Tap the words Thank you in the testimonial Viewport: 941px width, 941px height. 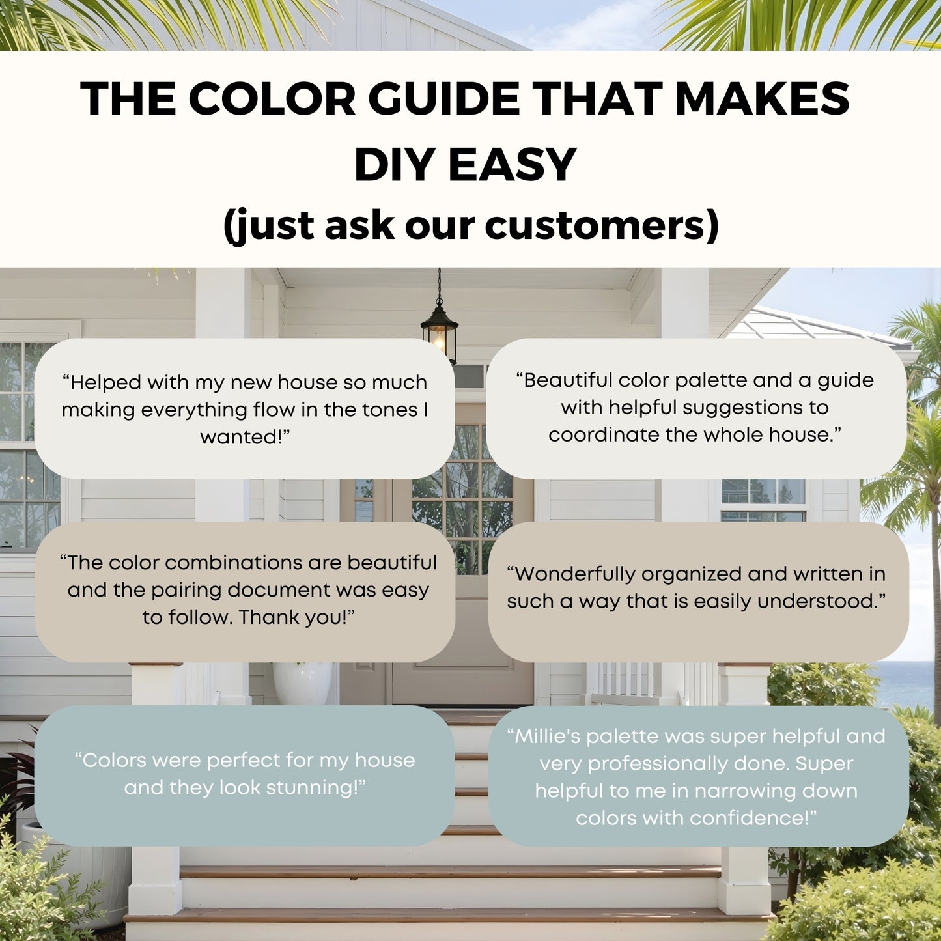[x=294, y=617]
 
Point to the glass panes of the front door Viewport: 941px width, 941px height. [x=464, y=495]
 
